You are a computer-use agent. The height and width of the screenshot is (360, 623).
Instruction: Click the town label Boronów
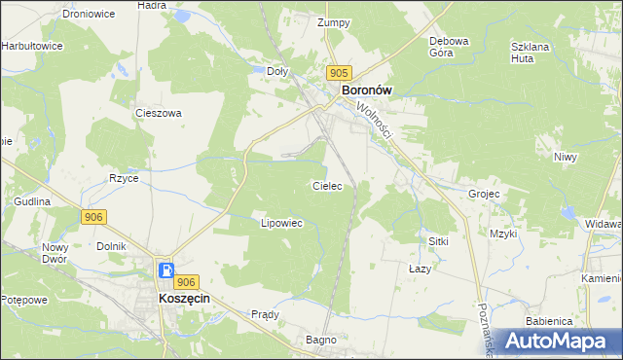(366, 90)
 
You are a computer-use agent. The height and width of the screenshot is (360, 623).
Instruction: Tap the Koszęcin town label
(185, 301)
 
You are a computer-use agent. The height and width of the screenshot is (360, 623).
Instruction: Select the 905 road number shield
(339, 73)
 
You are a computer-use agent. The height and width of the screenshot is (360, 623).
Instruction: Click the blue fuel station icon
(166, 270)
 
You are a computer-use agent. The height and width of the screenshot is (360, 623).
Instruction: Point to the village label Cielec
(326, 185)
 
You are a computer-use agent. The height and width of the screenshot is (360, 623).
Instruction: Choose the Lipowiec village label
(282, 223)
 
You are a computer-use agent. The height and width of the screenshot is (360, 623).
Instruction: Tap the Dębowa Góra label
(450, 48)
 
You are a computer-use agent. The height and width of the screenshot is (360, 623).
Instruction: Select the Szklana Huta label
(531, 53)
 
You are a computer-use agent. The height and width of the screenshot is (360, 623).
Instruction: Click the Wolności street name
(373, 120)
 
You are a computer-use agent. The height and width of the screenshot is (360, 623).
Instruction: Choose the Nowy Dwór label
(55, 254)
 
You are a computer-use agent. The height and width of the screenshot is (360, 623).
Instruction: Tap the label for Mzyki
(503, 234)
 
